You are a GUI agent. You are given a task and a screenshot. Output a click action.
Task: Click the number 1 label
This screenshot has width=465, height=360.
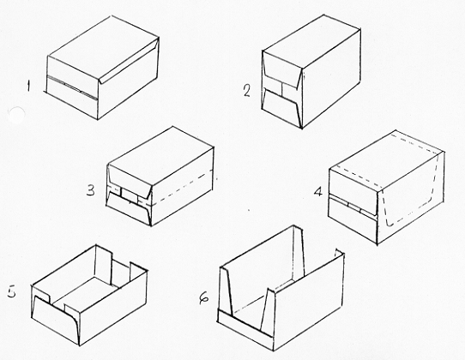coord(28,87)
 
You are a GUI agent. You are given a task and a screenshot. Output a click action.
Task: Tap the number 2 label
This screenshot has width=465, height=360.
coord(247,91)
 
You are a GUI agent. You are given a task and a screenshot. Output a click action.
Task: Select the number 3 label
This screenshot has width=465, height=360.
coord(91,190)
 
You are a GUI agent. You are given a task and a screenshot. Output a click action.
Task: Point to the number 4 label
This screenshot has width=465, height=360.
coord(318,192)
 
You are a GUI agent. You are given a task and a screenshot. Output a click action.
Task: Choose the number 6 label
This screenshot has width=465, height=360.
coord(203,298)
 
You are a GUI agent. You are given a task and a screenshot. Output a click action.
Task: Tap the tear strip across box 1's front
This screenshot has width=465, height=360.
coord(72,87)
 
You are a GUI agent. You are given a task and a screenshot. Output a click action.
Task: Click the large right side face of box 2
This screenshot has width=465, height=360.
coord(331,79)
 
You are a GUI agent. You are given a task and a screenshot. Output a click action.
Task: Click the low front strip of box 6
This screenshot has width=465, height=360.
coord(245,329)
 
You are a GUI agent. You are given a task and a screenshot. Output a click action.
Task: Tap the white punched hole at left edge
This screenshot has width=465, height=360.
coord(16,115)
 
